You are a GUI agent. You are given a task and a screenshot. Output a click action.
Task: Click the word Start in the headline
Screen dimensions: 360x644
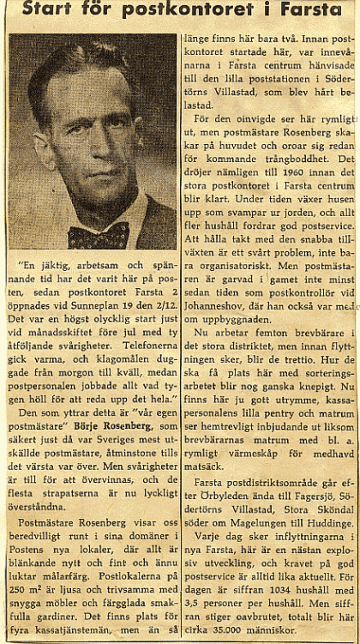[x=54, y=12]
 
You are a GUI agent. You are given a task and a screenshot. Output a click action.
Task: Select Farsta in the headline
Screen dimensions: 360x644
[x=321, y=11]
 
